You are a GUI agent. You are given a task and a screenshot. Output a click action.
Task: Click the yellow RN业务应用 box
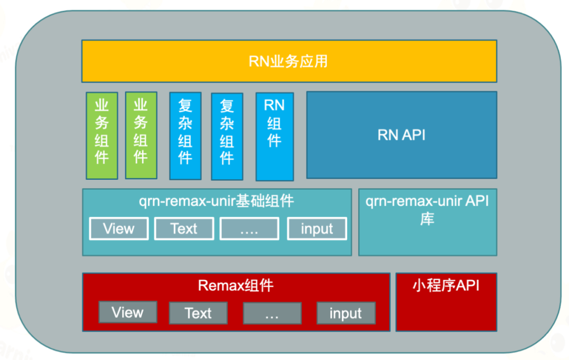289,61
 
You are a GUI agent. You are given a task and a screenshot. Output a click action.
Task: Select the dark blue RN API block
401,135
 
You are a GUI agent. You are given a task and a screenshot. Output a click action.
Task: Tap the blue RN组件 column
274,137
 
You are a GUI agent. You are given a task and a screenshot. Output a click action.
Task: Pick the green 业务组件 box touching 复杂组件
141,135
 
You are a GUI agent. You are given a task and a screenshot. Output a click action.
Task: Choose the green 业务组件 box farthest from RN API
102,135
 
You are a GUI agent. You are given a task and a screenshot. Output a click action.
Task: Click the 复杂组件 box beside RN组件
227,137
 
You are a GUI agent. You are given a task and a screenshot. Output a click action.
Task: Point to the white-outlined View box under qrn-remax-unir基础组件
119,229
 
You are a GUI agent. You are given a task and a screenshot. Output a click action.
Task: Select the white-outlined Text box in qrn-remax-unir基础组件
184,229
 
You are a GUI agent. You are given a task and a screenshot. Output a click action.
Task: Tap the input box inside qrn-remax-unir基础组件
317,229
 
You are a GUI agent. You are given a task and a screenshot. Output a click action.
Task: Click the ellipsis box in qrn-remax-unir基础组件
249,229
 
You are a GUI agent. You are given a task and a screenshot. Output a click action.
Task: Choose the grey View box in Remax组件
127,312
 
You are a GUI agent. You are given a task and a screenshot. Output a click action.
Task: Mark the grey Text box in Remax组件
198,313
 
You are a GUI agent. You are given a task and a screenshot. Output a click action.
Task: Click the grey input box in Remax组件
346,313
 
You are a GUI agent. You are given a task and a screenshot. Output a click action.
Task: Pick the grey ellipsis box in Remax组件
272,313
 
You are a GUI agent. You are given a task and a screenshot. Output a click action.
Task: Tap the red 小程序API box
446,302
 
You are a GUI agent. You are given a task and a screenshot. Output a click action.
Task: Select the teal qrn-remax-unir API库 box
427,222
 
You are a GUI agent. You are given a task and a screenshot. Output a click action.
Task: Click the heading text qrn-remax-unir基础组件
216,201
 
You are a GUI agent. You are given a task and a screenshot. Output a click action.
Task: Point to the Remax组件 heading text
236,286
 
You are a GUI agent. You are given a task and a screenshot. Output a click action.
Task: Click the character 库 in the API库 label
427,219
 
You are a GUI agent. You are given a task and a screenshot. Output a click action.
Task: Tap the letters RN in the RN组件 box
274,105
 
